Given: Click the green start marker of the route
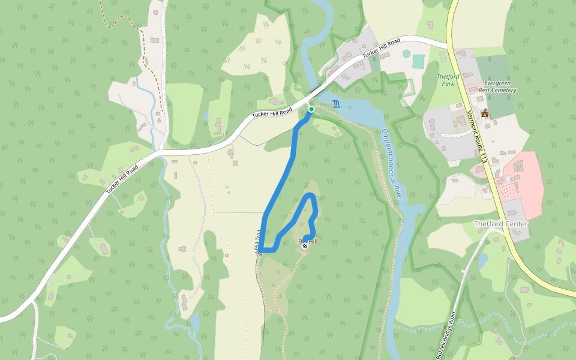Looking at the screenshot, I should coord(311,109).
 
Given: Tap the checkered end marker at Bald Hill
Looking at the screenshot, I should coord(305,245).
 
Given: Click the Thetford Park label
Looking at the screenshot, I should coord(446,80).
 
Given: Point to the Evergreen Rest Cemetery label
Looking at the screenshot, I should coord(499,86).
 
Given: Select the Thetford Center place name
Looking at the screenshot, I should coord(500,224).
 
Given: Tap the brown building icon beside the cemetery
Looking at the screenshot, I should coord(484,113).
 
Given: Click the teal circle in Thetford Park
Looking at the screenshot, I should coord(406,53).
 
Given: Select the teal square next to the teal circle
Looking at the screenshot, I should coord(418,61).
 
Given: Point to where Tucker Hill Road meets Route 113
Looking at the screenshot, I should coord(451,46).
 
